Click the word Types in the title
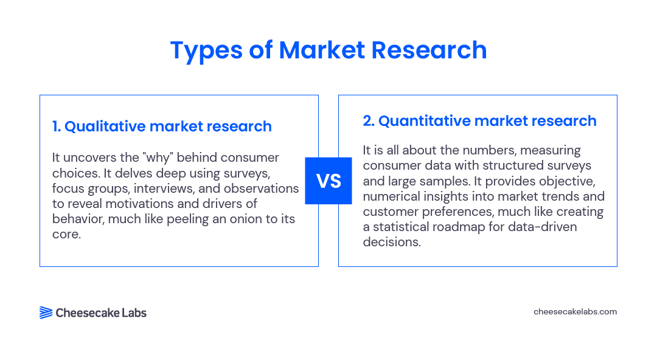[x=206, y=50]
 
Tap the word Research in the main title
[x=429, y=50]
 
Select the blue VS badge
[x=328, y=181]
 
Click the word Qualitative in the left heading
[x=105, y=126]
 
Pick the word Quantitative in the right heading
[x=425, y=120]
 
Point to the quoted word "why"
[x=158, y=157]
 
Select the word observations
[x=261, y=188]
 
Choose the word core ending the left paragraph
[x=66, y=234]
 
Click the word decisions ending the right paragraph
[x=391, y=242]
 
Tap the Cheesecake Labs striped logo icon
[x=46, y=313]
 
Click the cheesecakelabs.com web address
[x=575, y=312]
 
